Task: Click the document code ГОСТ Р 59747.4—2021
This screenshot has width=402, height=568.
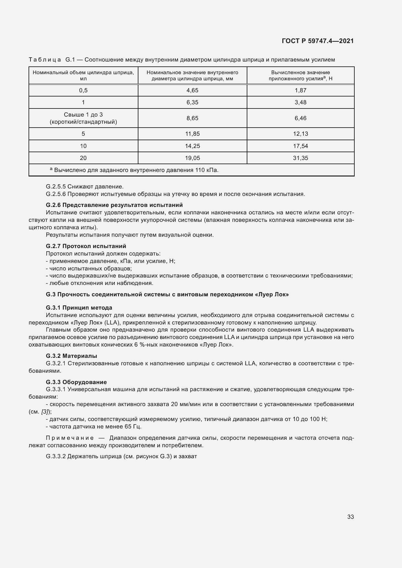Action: point(318,41)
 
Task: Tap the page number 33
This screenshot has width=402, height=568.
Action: point(350,517)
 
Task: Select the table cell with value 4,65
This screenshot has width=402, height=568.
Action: point(192,90)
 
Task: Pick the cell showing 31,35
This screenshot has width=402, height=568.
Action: point(301,158)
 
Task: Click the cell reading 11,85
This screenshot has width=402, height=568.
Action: point(192,134)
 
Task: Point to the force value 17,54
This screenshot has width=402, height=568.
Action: point(301,146)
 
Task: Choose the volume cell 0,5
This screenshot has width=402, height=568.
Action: point(83,90)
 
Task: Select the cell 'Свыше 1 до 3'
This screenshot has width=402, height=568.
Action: point(83,115)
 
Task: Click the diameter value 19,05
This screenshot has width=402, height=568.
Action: point(192,158)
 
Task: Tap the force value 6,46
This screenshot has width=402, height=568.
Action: point(301,118)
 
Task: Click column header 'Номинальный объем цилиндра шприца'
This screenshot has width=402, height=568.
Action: point(83,75)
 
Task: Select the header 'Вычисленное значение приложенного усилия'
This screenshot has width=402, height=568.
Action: point(301,75)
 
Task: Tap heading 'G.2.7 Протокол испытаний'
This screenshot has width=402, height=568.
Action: point(86,246)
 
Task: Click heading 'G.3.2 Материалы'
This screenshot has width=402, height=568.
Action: point(71,356)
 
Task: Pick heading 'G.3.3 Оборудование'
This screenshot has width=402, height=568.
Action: point(76,382)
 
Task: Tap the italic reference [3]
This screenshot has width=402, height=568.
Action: point(45,412)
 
